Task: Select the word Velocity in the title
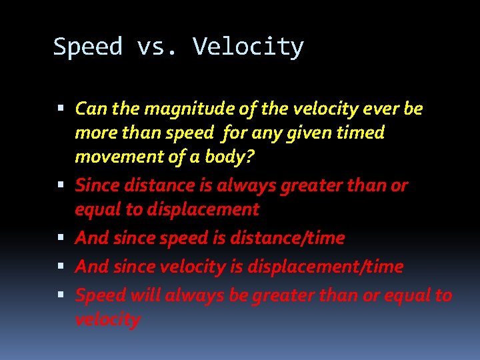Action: click(x=248, y=47)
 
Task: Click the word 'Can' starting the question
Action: click(x=89, y=109)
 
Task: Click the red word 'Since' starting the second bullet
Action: click(x=95, y=185)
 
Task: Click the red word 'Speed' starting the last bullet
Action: click(x=97, y=295)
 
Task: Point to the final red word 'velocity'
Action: click(x=108, y=320)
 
